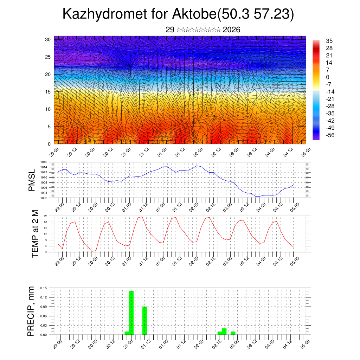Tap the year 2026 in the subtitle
pyautogui.click(x=231, y=30)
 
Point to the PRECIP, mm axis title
pyautogui.click(x=31, y=311)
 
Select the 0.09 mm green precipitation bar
pyautogui.click(x=144, y=321)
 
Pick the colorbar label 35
pyautogui.click(x=329, y=41)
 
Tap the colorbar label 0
pyautogui.click(x=328, y=77)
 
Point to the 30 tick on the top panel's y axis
pyautogui.click(x=48, y=39)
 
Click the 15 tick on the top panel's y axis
pyautogui.click(x=48, y=92)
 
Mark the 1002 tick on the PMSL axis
pyautogui.click(x=44, y=198)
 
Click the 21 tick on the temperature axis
pyautogui.click(x=46, y=216)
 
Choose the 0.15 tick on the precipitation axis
pyautogui.click(x=43, y=288)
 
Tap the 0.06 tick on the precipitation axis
pyautogui.click(x=43, y=316)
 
